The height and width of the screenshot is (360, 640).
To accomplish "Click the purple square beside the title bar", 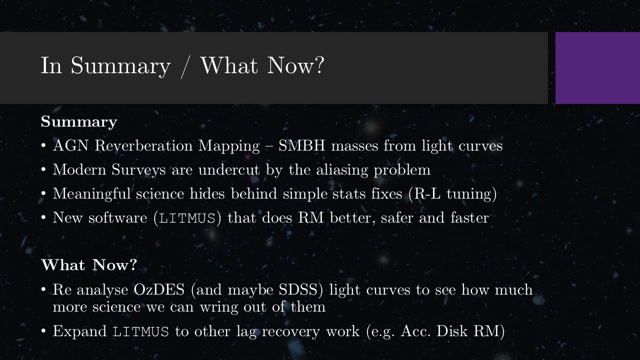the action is click(597, 68).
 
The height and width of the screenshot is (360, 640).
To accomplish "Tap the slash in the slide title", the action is click(185, 67).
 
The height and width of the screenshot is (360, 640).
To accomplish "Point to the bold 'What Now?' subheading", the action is click(89, 264).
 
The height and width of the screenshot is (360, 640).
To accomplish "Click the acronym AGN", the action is click(70, 145).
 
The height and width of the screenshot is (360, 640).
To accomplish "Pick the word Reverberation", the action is click(143, 145).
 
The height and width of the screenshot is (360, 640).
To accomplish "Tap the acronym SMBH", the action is click(301, 145).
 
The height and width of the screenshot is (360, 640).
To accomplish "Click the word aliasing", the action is click(342, 170).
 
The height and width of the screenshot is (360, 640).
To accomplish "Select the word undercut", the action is click(229, 169).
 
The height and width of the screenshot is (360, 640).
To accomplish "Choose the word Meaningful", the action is click(91, 194).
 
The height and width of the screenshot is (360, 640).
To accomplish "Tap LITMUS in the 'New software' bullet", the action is click(187, 218).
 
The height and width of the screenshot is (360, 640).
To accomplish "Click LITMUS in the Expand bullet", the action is click(140, 332).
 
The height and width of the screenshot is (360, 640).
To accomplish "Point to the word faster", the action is click(469, 217).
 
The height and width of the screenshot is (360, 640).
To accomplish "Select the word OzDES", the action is click(159, 289).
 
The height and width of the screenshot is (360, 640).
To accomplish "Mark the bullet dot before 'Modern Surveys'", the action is click(43, 169).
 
